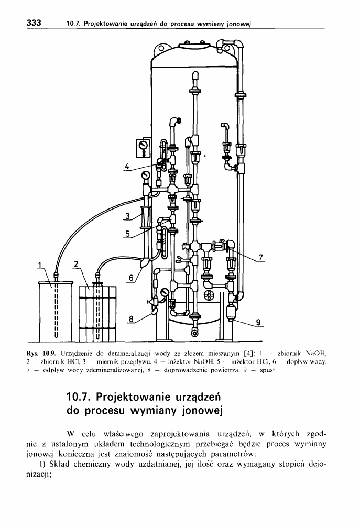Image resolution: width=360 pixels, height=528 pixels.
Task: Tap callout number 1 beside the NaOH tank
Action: click(x=40, y=264)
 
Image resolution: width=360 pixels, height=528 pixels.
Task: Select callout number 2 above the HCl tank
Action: click(x=77, y=264)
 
